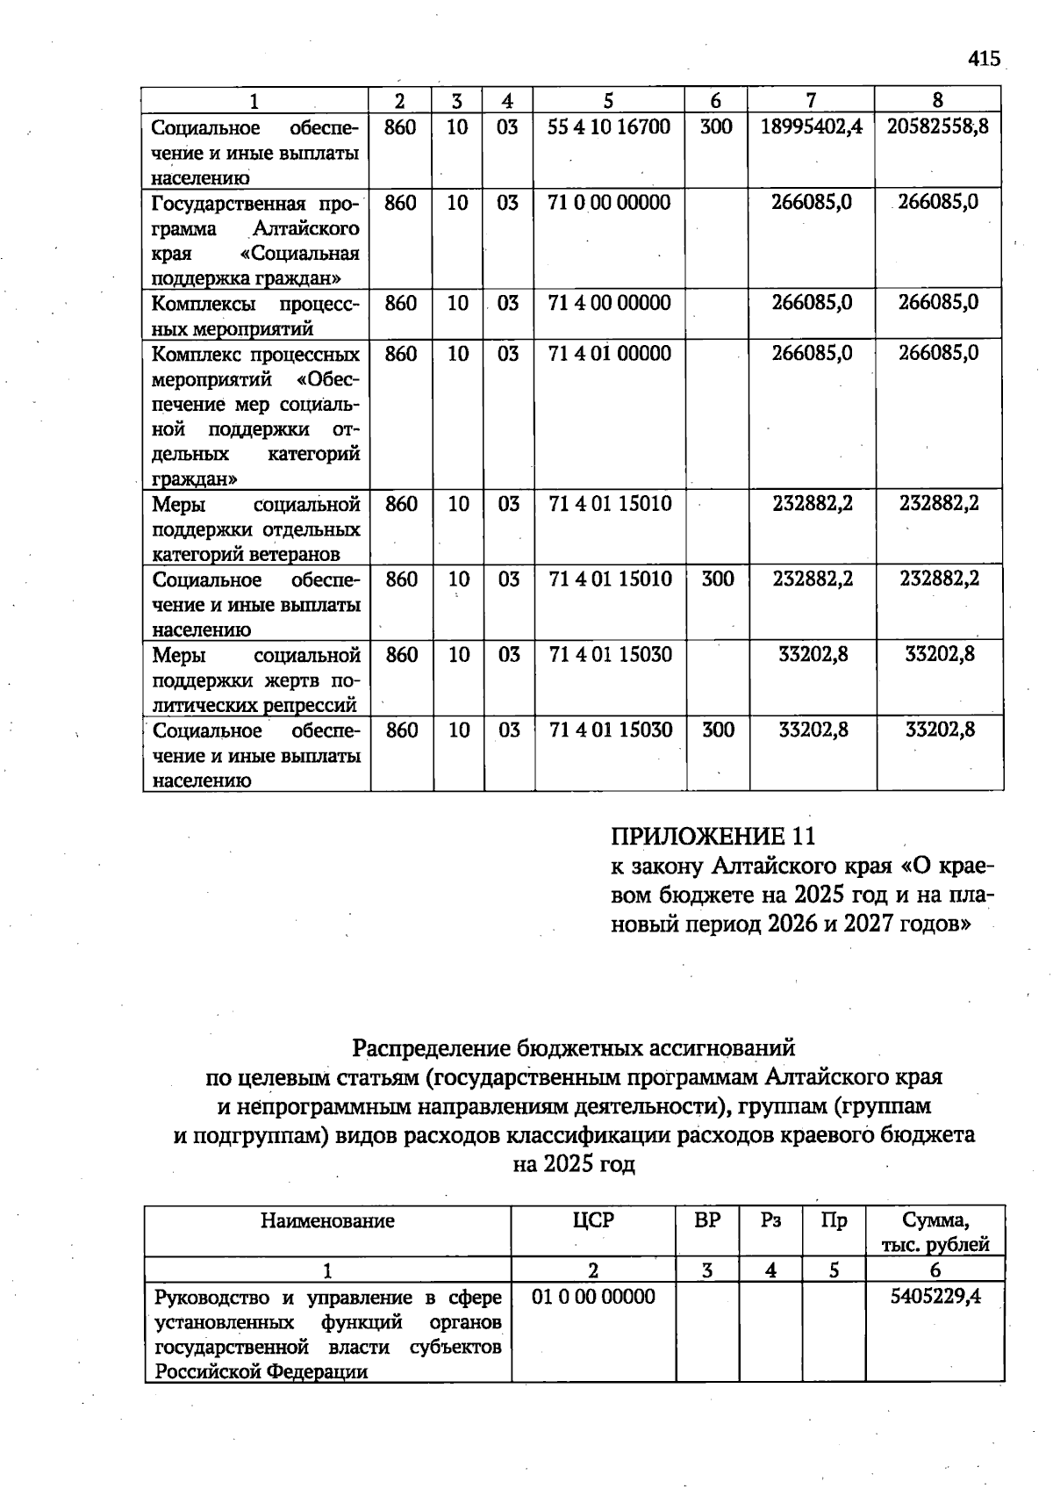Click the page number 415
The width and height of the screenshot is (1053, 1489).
(984, 59)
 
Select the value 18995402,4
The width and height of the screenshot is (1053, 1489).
(811, 126)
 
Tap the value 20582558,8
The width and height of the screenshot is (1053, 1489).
(937, 126)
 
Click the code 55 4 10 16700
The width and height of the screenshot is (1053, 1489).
(608, 126)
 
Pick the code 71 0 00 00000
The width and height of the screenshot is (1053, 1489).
(608, 203)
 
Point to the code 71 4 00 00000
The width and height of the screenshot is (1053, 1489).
(608, 303)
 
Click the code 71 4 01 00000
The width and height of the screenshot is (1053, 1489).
(608, 354)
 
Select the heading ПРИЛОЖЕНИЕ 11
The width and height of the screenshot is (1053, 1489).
(713, 835)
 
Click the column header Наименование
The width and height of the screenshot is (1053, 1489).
(327, 1220)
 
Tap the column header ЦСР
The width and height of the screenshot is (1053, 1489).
(592, 1220)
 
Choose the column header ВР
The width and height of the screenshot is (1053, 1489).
(706, 1220)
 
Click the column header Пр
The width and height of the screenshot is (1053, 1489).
(834, 1220)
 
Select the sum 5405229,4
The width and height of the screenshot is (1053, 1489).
(935, 1297)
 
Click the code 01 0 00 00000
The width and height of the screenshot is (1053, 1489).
(592, 1297)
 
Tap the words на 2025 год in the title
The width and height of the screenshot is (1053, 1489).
(573, 1164)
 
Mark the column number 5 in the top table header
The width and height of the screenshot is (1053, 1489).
(608, 100)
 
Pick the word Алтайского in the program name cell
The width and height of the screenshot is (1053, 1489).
(306, 228)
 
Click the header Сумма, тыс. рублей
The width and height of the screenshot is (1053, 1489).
(935, 1232)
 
